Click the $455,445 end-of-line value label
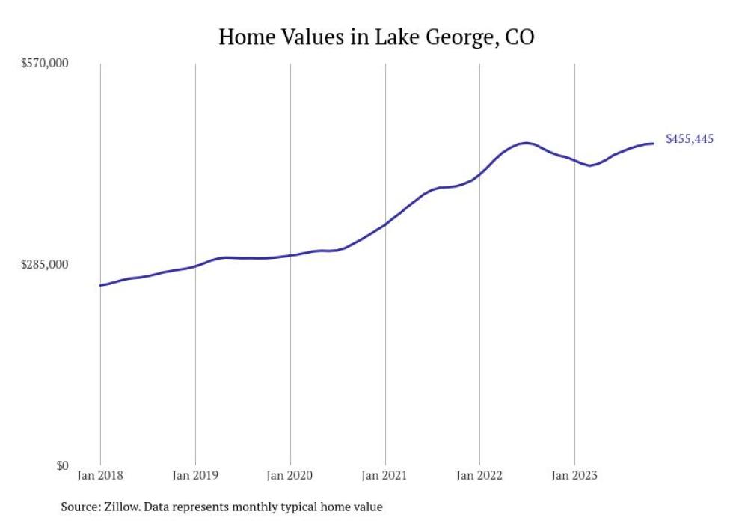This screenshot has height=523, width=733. pos(689,139)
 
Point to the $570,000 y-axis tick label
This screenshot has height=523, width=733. pos(44,64)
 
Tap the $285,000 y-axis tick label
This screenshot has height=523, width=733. pos(44,265)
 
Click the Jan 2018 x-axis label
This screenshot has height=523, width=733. pos(100,475)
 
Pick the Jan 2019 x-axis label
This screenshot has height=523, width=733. pos(194,475)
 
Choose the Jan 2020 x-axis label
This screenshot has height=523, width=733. pos(290,475)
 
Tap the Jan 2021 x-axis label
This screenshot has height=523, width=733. pos(384,475)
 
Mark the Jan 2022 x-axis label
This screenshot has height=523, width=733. pos(479,475)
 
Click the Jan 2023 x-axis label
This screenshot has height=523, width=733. pos(574,475)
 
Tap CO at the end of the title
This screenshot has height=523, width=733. pos(520,37)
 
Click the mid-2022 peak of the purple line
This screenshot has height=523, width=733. pos(527,142)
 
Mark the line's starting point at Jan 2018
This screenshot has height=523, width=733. pos(100,285)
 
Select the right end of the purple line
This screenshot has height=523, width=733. pos(654,143)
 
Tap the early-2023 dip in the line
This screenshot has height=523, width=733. pos(590,165)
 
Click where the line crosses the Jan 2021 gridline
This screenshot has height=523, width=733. pos(384,224)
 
